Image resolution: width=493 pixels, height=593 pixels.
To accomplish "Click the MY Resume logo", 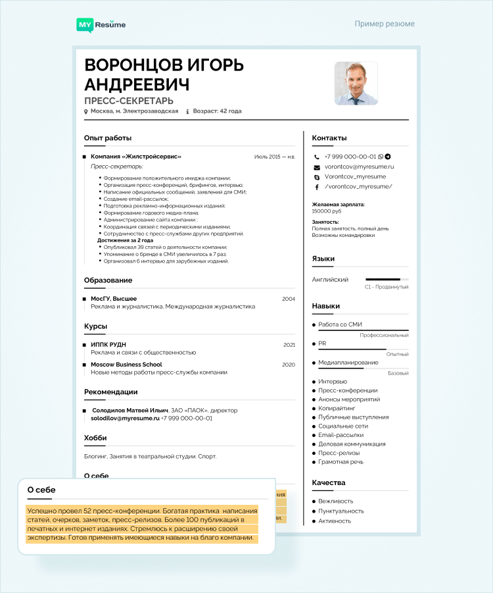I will (101, 24).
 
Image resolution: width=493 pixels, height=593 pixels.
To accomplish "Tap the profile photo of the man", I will (356, 84).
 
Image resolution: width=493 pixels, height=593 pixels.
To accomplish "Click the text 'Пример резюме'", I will (385, 24).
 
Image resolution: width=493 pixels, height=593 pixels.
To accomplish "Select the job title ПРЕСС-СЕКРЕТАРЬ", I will (129, 101).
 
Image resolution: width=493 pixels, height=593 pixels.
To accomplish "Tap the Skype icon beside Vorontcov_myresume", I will (317, 177).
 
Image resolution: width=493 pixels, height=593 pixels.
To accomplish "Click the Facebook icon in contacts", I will (317, 186).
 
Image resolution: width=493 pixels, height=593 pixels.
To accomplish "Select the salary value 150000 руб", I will (327, 211).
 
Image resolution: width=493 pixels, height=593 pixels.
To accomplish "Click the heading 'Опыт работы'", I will (108, 138).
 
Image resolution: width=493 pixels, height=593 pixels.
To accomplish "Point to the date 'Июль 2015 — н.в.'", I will (275, 157).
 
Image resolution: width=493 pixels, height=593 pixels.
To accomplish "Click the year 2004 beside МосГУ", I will (289, 299).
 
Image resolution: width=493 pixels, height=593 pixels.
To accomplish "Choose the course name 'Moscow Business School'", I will (126, 364).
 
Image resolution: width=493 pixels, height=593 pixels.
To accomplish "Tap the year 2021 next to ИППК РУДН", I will (289, 344).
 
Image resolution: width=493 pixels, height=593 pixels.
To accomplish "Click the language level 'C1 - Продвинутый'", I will (387, 287).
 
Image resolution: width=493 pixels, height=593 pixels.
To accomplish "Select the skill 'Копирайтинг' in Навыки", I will (337, 408).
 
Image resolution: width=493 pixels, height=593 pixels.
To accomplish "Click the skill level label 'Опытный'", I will (397, 354).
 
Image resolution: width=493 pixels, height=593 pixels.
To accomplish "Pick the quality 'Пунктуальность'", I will (341, 511).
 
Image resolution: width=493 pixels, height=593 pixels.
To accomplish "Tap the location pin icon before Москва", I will (86, 112).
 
